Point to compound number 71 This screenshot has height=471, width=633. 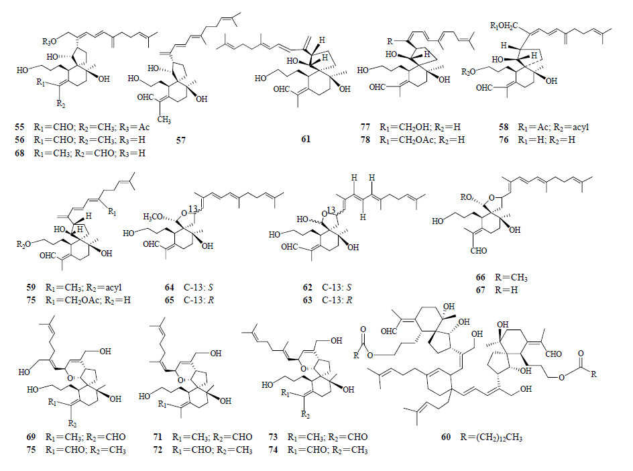(158, 436)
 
